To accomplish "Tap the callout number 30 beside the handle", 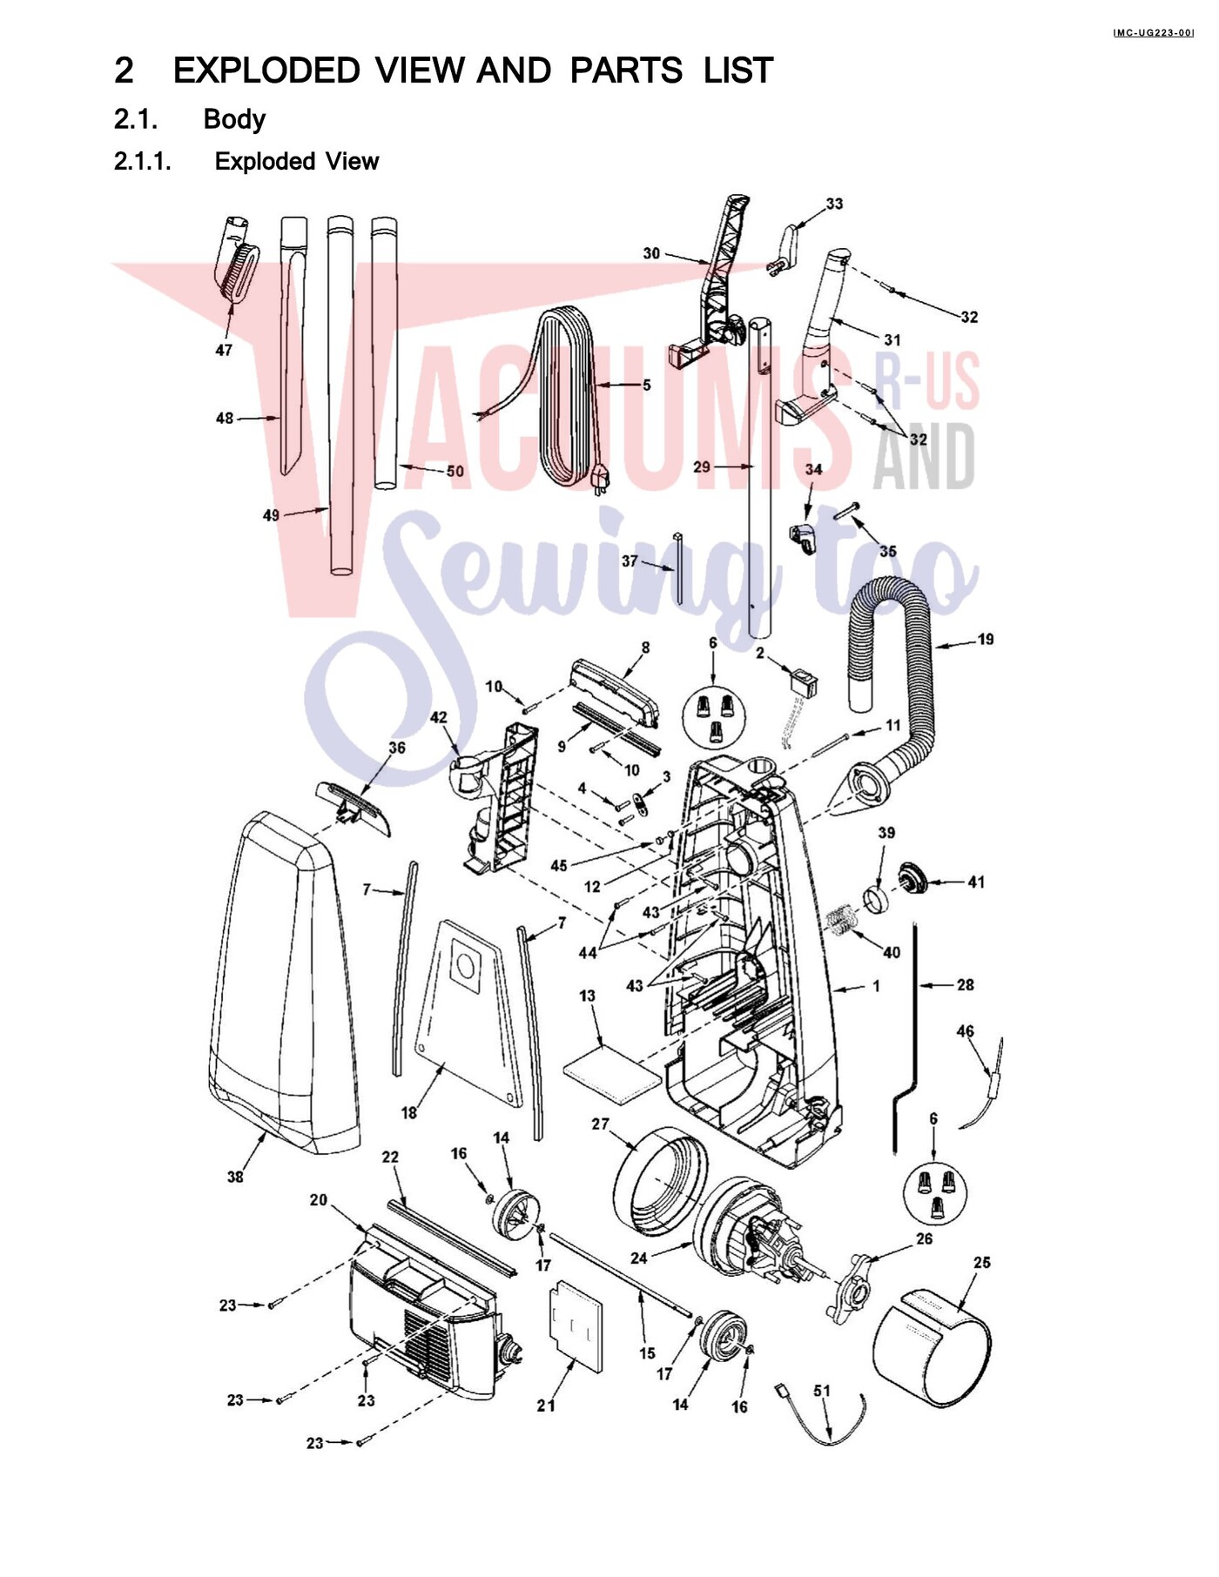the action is (x=651, y=253).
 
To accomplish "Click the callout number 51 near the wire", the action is (x=822, y=1391).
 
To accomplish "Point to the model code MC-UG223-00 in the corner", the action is (x=1154, y=33).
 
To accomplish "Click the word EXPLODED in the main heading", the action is (x=266, y=70).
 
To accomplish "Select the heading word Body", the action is (x=234, y=119).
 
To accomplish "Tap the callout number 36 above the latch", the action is (x=397, y=748).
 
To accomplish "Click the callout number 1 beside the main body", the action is (x=876, y=986).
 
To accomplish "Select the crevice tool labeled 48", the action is (x=293, y=346).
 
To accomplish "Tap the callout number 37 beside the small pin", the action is (x=630, y=561).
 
